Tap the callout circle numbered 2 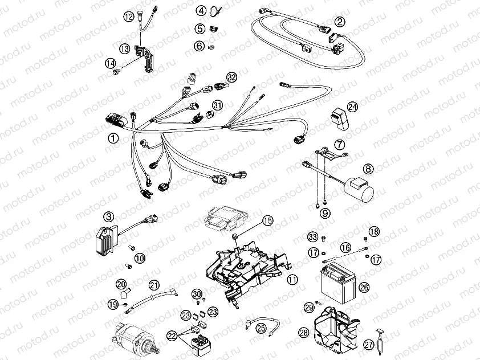(340, 22)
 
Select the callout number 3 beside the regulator (108, 216)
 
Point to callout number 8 (369, 169)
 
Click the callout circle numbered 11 (292, 280)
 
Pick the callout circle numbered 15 (268, 220)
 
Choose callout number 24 (353, 107)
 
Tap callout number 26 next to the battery (364, 288)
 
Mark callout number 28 (303, 332)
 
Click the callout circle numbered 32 (231, 77)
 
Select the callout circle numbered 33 (312, 236)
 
